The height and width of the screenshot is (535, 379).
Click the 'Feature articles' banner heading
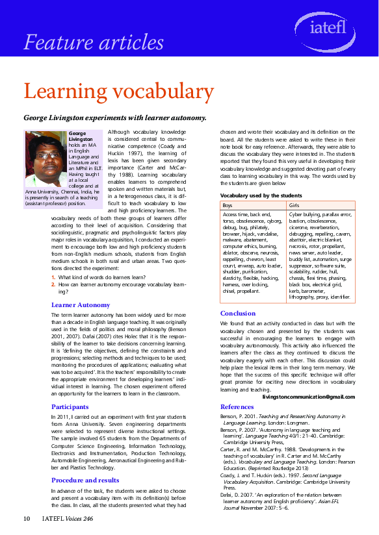click(x=94, y=42)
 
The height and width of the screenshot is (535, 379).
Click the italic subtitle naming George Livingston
click(x=115, y=118)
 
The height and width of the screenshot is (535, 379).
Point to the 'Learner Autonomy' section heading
click(x=81, y=304)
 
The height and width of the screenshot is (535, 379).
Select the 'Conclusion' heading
click(x=237, y=313)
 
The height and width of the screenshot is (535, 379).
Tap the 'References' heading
click(x=237, y=406)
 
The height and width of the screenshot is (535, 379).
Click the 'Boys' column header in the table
click(x=228, y=205)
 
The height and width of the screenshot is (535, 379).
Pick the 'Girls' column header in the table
click(x=294, y=205)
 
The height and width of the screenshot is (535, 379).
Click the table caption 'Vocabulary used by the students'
click(x=261, y=195)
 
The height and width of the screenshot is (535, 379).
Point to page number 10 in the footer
click(x=27, y=518)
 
